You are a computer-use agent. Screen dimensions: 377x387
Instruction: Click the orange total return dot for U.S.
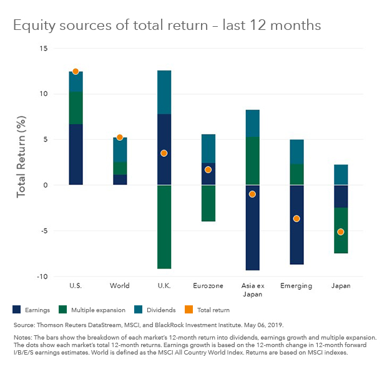pos(76,72)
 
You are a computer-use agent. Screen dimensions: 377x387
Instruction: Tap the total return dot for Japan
pos(340,232)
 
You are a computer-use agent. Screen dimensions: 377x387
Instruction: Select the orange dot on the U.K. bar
pos(164,153)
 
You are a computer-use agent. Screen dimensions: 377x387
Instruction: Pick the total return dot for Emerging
pos(296,219)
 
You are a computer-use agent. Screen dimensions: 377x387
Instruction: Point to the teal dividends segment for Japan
pos(340,174)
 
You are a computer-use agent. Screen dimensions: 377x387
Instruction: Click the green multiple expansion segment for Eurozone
pos(208,203)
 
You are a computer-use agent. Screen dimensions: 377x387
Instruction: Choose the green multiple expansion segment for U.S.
pos(76,108)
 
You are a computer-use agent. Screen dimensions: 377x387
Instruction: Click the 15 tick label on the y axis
pos(43,49)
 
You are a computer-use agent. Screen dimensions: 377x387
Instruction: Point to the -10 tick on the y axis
pos(42,277)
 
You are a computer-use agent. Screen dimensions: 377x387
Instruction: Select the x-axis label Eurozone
pos(208,286)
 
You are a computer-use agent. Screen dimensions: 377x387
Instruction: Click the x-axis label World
pos(119,286)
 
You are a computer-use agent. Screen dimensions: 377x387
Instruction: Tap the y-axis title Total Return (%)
pos(22,156)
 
